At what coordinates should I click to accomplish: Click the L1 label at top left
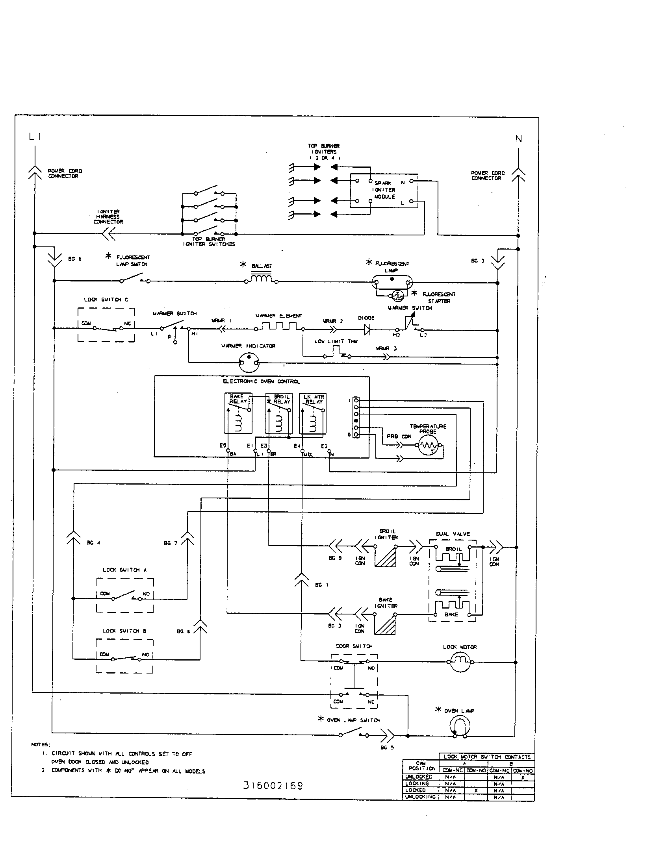[x=35, y=137]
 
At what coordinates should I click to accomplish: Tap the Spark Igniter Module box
[x=384, y=191]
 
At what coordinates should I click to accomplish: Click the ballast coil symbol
[x=261, y=279]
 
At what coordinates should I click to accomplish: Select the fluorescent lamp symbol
[x=392, y=282]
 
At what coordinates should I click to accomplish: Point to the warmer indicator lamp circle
[x=249, y=362]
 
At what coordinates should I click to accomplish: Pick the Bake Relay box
[x=238, y=413]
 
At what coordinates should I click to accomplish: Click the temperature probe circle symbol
[x=429, y=445]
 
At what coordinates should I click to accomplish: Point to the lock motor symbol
[x=460, y=662]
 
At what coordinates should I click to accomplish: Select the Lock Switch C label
[x=106, y=300]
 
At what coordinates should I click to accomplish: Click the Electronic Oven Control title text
[x=261, y=381]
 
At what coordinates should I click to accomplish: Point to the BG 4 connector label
[x=94, y=542]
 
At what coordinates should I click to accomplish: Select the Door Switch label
[x=354, y=646]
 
